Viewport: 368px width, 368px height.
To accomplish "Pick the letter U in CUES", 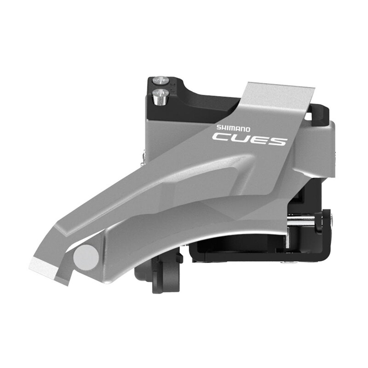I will coord(241,138).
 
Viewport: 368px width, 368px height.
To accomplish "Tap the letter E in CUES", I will coord(260,138).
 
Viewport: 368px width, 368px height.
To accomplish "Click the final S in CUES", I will coord(277,138).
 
